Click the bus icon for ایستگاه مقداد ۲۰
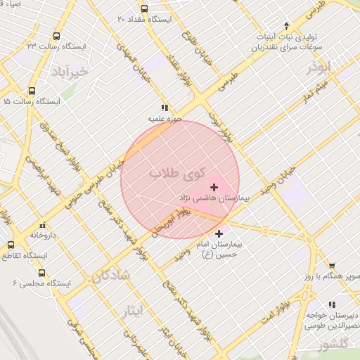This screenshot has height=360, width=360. click(x=144, y=9)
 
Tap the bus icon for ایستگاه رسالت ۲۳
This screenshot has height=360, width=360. click(x=56, y=36)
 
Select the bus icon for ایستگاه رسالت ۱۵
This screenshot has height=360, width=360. click(x=32, y=91)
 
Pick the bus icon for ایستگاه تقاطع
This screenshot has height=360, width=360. click(x=10, y=245)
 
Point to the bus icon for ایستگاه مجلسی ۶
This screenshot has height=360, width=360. click(x=41, y=272)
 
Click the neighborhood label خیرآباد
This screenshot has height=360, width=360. click(x=69, y=72)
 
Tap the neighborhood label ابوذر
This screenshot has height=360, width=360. click(x=317, y=67)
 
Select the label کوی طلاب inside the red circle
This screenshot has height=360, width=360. click(x=176, y=173)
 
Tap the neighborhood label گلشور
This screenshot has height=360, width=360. click(x=331, y=345)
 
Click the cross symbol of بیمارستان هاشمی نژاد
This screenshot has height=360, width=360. click(x=214, y=187)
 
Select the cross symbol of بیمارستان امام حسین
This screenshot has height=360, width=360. click(x=219, y=233)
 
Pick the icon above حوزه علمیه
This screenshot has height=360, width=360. click(x=164, y=108)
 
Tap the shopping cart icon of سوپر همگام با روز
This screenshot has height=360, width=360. click(x=331, y=266)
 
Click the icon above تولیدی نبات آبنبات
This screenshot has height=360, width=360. click(x=286, y=25)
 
